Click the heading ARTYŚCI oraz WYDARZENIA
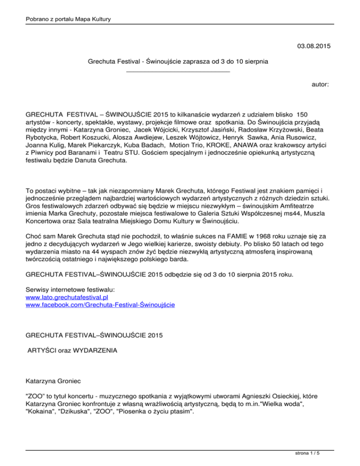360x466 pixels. point(79,350)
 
